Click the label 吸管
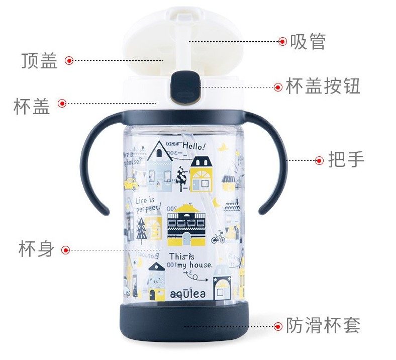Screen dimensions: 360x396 (308, 42)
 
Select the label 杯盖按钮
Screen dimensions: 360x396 (323, 86)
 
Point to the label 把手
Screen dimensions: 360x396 (346, 160)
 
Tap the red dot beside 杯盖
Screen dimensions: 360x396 (62, 103)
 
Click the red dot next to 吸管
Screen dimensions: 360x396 (282, 41)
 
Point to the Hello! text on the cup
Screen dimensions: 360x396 (193, 146)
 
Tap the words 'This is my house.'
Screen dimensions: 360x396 (190, 260)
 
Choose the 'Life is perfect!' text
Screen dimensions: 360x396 (148, 205)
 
